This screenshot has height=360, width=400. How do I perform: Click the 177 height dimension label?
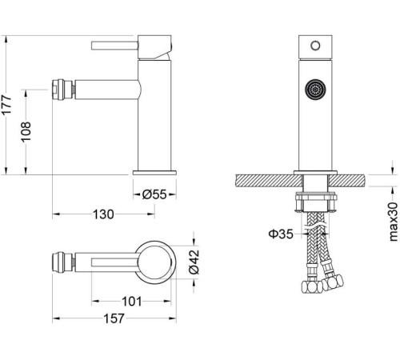(6, 105)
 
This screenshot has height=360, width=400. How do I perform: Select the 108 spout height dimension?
(26, 132)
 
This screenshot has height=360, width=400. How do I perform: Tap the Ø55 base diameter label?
(154, 194)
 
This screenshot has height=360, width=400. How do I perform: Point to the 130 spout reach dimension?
(103, 214)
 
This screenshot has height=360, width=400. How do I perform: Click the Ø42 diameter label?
(194, 262)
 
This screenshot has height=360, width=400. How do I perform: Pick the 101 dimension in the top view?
(131, 302)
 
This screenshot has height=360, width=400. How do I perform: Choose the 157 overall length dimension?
(114, 318)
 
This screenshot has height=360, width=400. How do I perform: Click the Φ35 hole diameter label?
(281, 234)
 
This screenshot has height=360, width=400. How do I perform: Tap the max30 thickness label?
(394, 222)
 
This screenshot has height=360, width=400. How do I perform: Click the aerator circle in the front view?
(315, 90)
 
